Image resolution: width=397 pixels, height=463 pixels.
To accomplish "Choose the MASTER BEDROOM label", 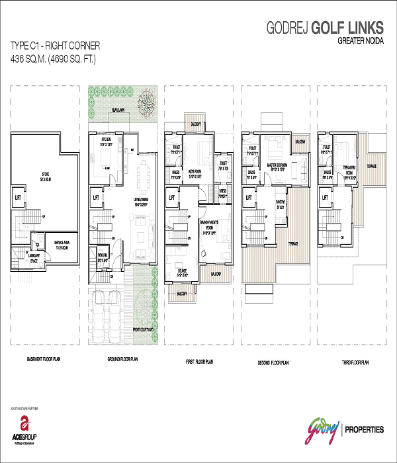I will coord(273,165).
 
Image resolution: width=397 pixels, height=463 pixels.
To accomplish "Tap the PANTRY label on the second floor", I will coord(281,205).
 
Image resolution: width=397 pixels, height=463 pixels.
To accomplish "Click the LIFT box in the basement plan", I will coord(18,196).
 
